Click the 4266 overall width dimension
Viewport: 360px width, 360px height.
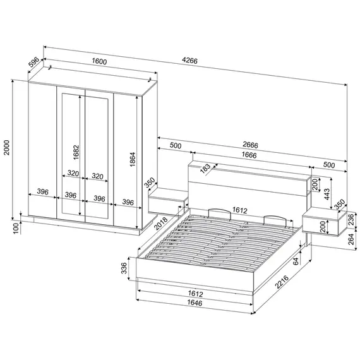[x=189, y=61]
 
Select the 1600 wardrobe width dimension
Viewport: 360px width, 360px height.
[x=99, y=61]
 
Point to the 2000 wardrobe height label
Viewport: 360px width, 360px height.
[x=7, y=147]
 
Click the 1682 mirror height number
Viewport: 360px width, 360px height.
[x=76, y=152]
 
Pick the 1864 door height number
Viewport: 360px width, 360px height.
[x=133, y=159]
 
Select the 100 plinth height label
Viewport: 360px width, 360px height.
[x=16, y=228]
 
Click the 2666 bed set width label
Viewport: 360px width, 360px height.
[x=250, y=145]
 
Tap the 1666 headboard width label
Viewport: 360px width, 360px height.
[x=249, y=155]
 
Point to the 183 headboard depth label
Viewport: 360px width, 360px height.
[x=205, y=169]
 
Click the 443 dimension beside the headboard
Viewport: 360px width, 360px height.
[x=327, y=194]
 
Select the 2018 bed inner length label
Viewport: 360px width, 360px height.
[x=160, y=223]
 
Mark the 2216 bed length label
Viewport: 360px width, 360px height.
[x=282, y=282]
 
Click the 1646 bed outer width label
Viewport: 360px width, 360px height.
[x=195, y=303]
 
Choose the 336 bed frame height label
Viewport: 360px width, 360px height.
[x=124, y=268]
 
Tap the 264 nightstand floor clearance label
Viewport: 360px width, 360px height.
[x=351, y=239]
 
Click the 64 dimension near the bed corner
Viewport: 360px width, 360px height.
[x=296, y=261]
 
